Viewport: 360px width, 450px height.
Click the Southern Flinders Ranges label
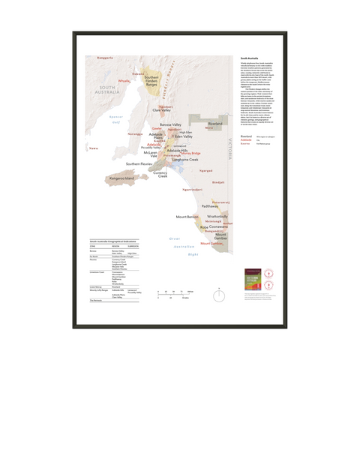(x=151, y=80)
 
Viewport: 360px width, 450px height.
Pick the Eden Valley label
(x=183, y=137)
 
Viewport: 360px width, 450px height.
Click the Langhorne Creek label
(x=184, y=159)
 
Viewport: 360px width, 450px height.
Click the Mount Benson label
(x=187, y=217)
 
